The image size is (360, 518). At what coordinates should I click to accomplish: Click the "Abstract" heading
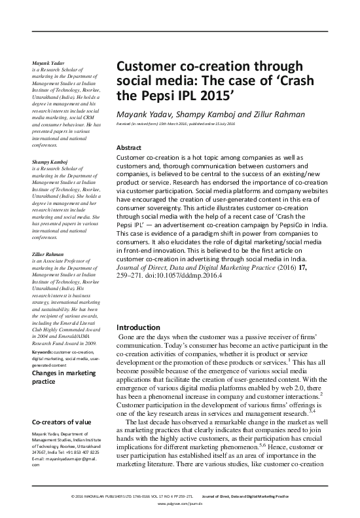pyautogui.click(x=128, y=148)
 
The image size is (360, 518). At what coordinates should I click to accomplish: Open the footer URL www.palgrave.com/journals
pyautogui.click(x=180, y=506)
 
